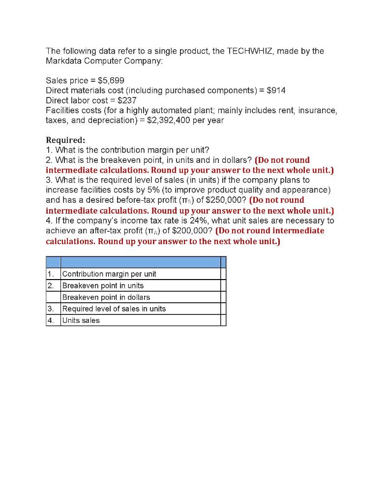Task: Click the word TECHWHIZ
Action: tap(250, 51)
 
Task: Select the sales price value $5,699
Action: tap(115, 80)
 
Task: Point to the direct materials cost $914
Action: tap(275, 90)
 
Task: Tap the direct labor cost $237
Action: tap(126, 100)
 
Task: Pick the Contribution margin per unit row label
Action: tap(109, 274)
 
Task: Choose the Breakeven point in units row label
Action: tap(103, 285)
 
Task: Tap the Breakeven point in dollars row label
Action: tap(106, 297)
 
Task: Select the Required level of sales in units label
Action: tap(114, 309)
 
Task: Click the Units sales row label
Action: tap(81, 320)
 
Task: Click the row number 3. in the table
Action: tap(50, 309)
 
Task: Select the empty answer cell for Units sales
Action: tap(223, 320)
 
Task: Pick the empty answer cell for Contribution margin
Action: tap(223, 274)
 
